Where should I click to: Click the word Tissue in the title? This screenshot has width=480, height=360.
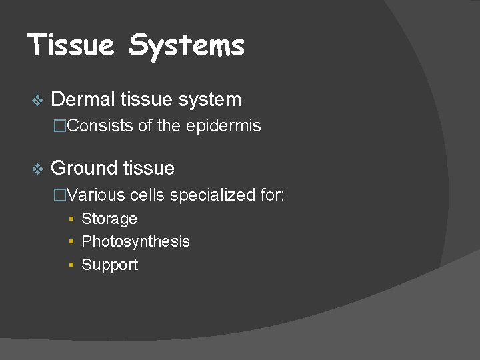(72, 45)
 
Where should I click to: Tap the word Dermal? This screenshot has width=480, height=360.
(83, 100)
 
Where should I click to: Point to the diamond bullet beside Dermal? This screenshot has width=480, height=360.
(37, 101)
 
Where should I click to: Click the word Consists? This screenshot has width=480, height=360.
(100, 126)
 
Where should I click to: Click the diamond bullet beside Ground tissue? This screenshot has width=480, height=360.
(37, 169)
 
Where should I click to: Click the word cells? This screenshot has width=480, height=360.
(147, 195)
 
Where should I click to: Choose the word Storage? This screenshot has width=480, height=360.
(109, 219)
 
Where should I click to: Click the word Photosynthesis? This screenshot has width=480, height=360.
(135, 242)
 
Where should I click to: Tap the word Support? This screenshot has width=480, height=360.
(109, 265)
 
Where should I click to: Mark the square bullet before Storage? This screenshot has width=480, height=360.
(71, 219)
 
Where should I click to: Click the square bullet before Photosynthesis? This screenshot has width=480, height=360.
(71, 242)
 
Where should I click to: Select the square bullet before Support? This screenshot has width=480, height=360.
(71, 265)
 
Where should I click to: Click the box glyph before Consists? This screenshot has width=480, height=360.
(60, 126)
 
